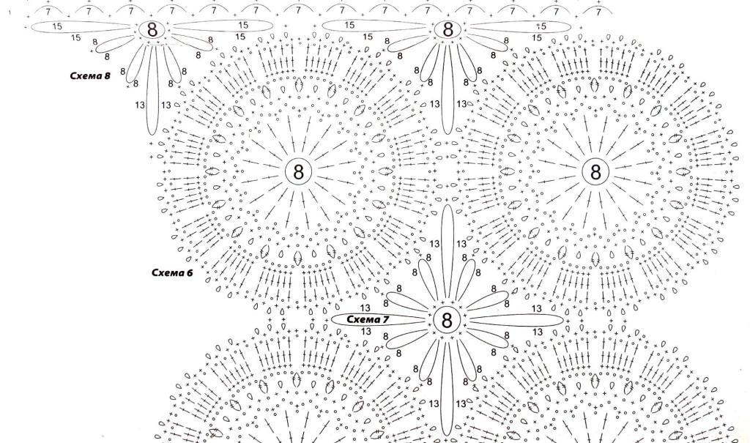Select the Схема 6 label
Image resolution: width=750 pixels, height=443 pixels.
point(172,272)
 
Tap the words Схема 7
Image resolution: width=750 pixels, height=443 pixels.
point(368,319)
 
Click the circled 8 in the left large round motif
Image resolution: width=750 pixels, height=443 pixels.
point(299,172)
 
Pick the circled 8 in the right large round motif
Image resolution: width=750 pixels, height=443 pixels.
point(595,172)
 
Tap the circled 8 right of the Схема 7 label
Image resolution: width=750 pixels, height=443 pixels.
point(447,320)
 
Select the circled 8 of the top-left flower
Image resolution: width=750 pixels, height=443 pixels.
point(152,30)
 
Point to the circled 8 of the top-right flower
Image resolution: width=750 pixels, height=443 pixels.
point(448,29)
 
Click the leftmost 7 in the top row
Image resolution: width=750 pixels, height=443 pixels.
point(48,12)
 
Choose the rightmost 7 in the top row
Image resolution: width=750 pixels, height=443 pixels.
point(598,12)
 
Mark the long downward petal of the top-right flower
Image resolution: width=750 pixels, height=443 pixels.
point(448,89)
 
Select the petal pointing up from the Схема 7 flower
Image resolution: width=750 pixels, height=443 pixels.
point(448,253)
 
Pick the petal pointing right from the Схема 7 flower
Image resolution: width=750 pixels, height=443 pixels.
point(516,320)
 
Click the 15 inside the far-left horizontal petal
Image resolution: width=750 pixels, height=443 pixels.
point(57,27)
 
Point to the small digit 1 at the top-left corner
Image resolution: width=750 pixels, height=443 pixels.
point(10,12)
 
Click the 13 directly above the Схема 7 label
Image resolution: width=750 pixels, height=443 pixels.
point(365,308)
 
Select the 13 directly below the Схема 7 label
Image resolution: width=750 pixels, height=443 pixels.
point(366,331)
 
